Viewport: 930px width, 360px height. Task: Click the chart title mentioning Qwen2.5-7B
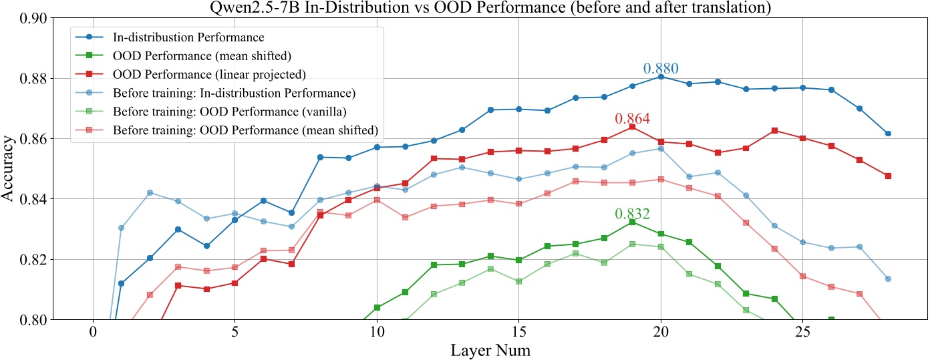[x=465, y=7]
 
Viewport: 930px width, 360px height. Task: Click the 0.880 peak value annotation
[x=661, y=68]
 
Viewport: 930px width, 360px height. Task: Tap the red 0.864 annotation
[x=632, y=119]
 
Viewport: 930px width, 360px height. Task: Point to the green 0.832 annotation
[x=632, y=214]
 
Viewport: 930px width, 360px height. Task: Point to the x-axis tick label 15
[x=518, y=332]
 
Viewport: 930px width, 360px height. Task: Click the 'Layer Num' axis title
[x=490, y=349]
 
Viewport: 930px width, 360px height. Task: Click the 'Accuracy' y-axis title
[x=9, y=170]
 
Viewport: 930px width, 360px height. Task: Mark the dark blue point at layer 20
[x=661, y=77]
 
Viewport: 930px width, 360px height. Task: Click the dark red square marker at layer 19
[x=632, y=127]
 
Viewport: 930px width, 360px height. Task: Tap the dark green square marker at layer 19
[x=632, y=222]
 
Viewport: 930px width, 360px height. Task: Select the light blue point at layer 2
[x=150, y=192]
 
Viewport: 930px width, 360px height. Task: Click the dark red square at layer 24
[x=774, y=130]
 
